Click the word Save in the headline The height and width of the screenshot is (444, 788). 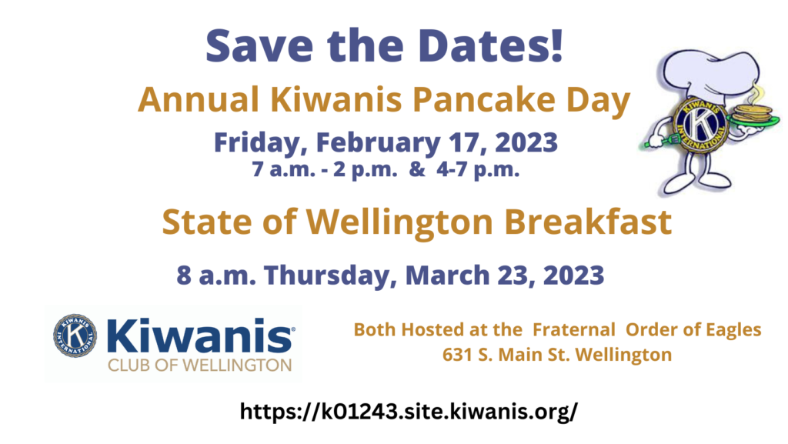tap(259, 45)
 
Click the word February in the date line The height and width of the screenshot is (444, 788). tap(378, 142)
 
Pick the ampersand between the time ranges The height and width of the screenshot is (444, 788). tap(416, 169)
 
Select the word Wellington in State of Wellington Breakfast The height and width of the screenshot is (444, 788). tap(399, 222)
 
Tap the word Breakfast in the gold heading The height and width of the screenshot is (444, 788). tap(588, 221)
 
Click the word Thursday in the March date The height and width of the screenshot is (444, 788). tap(326, 275)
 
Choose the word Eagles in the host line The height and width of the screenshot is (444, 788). tap(733, 330)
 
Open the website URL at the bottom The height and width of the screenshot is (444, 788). tap(409, 412)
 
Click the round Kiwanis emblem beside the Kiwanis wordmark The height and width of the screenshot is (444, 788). tap(75, 336)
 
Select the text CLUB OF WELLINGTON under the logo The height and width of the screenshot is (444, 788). tap(199, 366)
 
